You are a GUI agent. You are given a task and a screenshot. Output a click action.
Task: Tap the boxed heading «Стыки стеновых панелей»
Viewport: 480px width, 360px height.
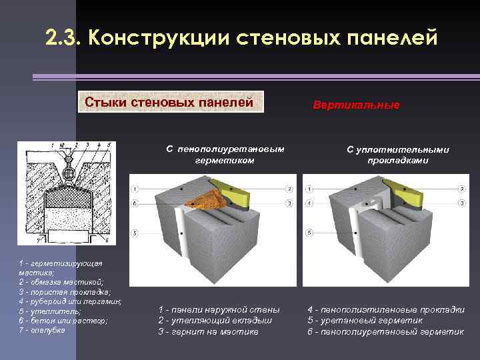click(x=171, y=102)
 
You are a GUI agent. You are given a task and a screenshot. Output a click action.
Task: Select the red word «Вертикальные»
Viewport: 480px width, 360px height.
click(x=357, y=105)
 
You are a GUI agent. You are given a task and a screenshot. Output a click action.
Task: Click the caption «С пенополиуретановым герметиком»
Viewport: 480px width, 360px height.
click(x=225, y=155)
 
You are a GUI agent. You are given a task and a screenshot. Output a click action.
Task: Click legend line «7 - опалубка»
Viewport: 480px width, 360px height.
click(x=43, y=331)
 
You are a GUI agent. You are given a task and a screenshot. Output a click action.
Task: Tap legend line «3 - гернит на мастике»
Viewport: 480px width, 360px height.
click(x=208, y=331)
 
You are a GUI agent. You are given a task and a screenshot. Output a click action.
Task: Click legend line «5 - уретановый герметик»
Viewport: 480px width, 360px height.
click(x=365, y=320)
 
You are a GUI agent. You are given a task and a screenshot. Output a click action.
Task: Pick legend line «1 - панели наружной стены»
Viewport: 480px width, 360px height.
click(x=219, y=309)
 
